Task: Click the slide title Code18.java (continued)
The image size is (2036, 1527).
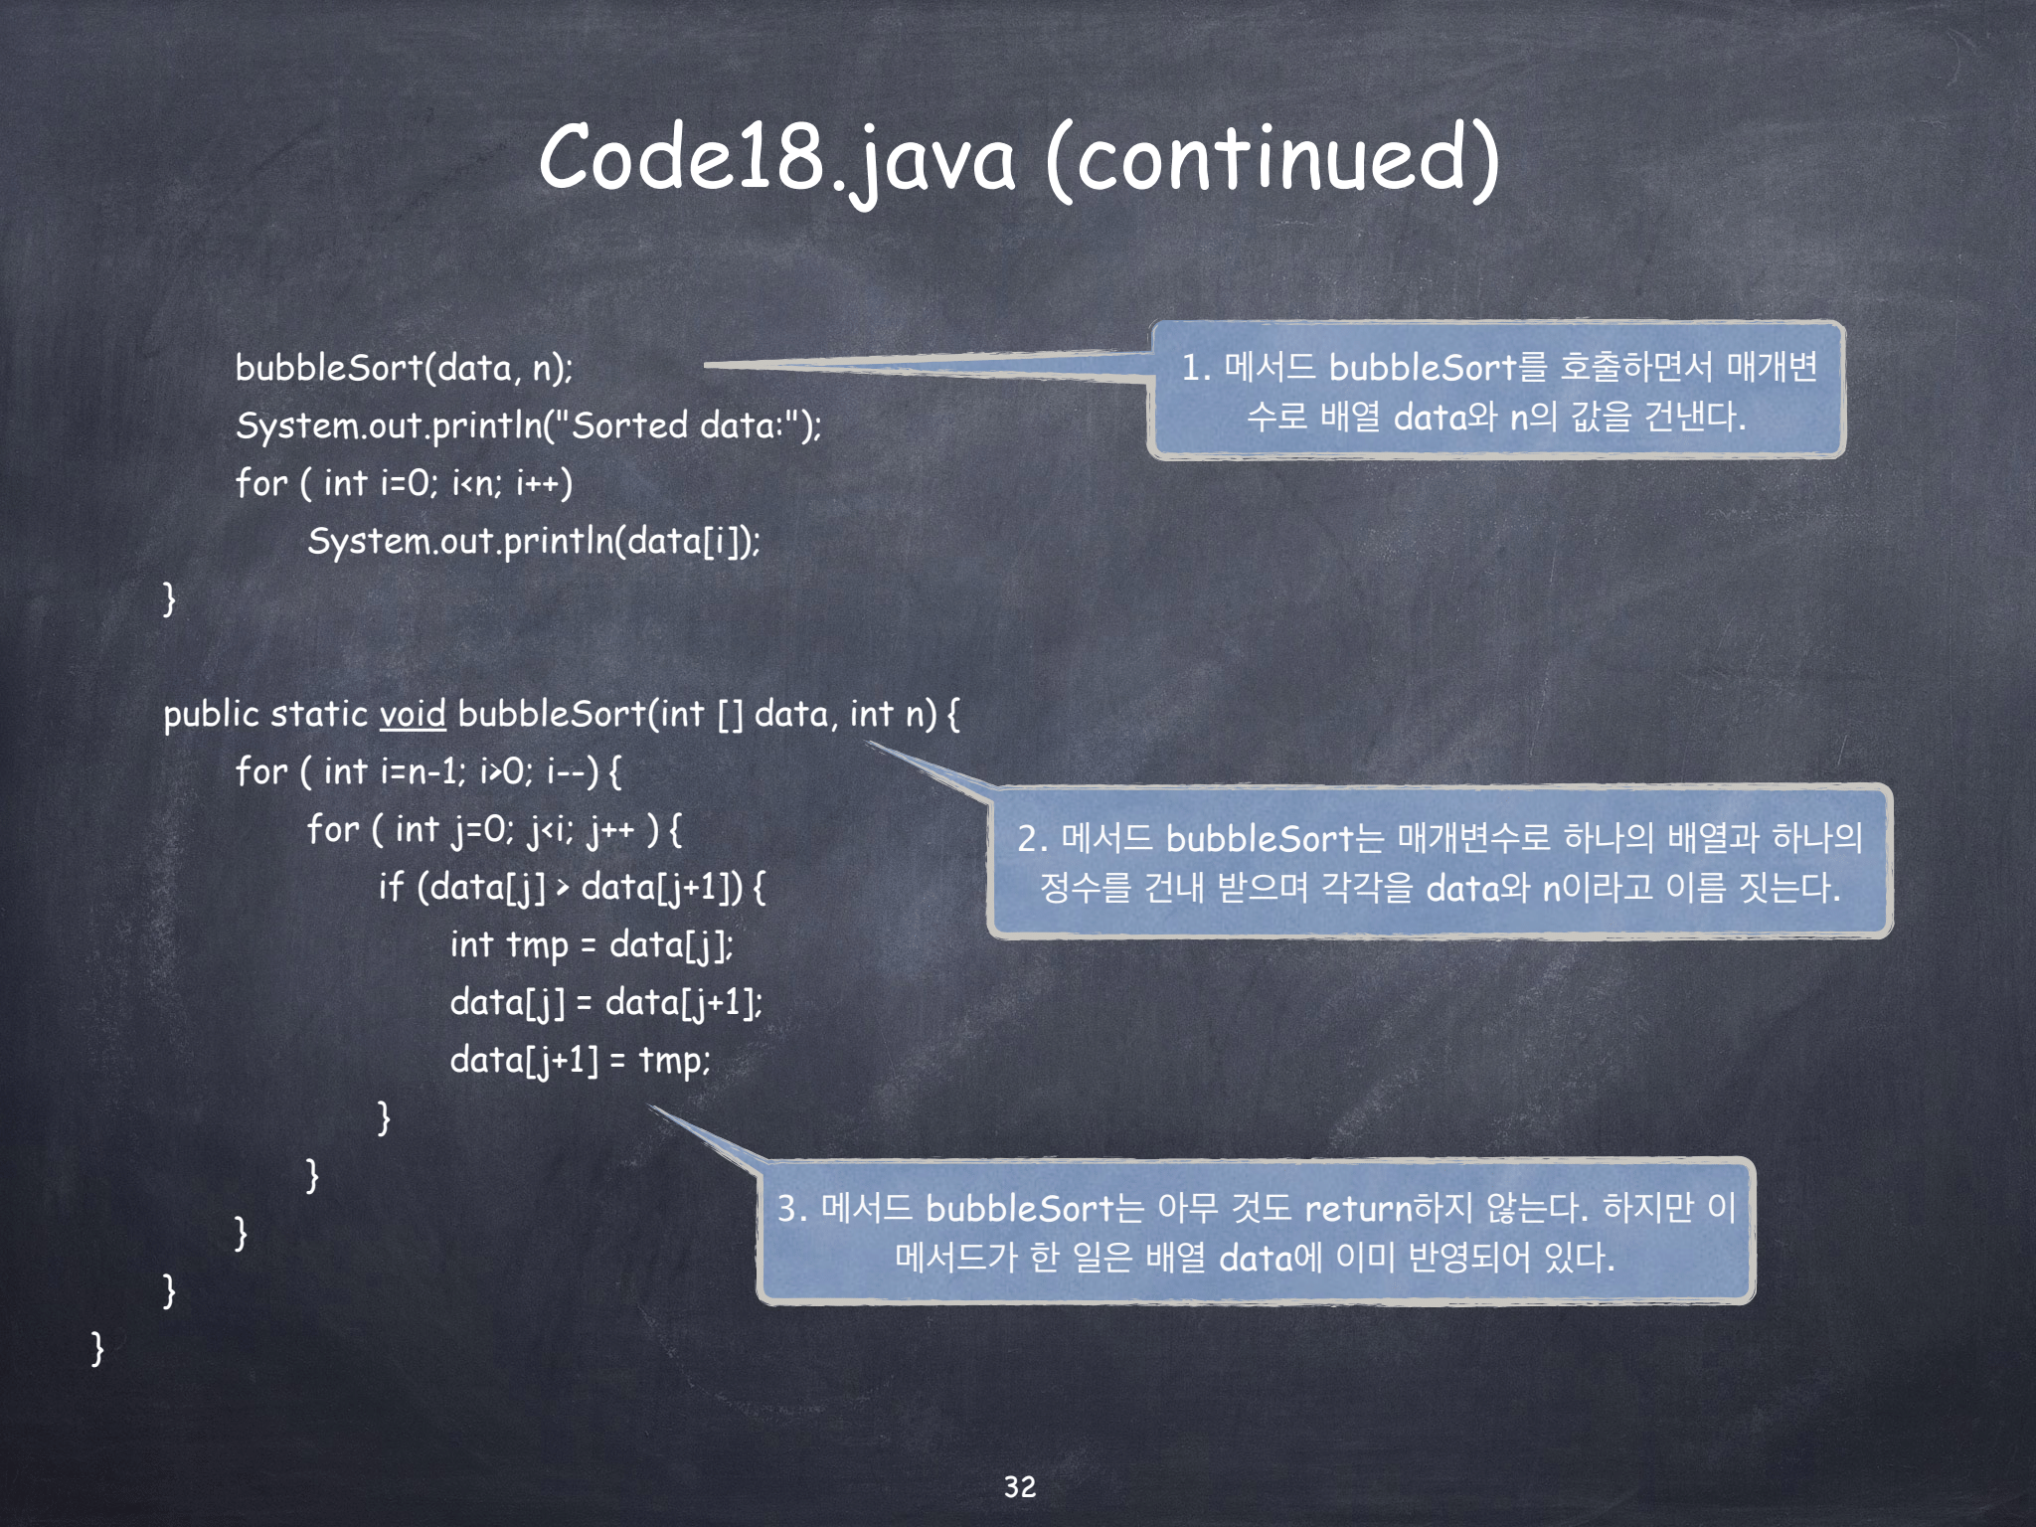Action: pos(1019,157)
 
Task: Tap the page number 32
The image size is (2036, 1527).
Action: pos(1020,1486)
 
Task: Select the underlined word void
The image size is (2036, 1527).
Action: pos(413,714)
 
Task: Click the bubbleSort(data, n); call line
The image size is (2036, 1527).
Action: pos(404,368)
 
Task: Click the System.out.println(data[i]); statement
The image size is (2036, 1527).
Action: pos(534,541)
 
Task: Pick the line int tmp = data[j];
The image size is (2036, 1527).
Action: pos(592,944)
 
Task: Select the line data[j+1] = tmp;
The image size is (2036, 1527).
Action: pos(580,1060)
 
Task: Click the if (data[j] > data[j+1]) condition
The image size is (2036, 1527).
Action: pos(572,887)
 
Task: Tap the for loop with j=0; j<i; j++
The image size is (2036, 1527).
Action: pos(494,829)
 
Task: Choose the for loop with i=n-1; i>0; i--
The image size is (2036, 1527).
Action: pos(428,771)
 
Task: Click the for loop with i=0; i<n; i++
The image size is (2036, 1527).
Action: pos(404,483)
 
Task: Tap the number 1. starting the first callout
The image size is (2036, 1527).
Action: pos(1196,368)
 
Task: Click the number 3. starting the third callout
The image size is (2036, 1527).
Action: pos(791,1209)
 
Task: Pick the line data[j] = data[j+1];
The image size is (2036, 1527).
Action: pos(606,1002)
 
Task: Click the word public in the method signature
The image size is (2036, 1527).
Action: pos(211,714)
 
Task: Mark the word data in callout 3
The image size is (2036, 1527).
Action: pos(1256,1259)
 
